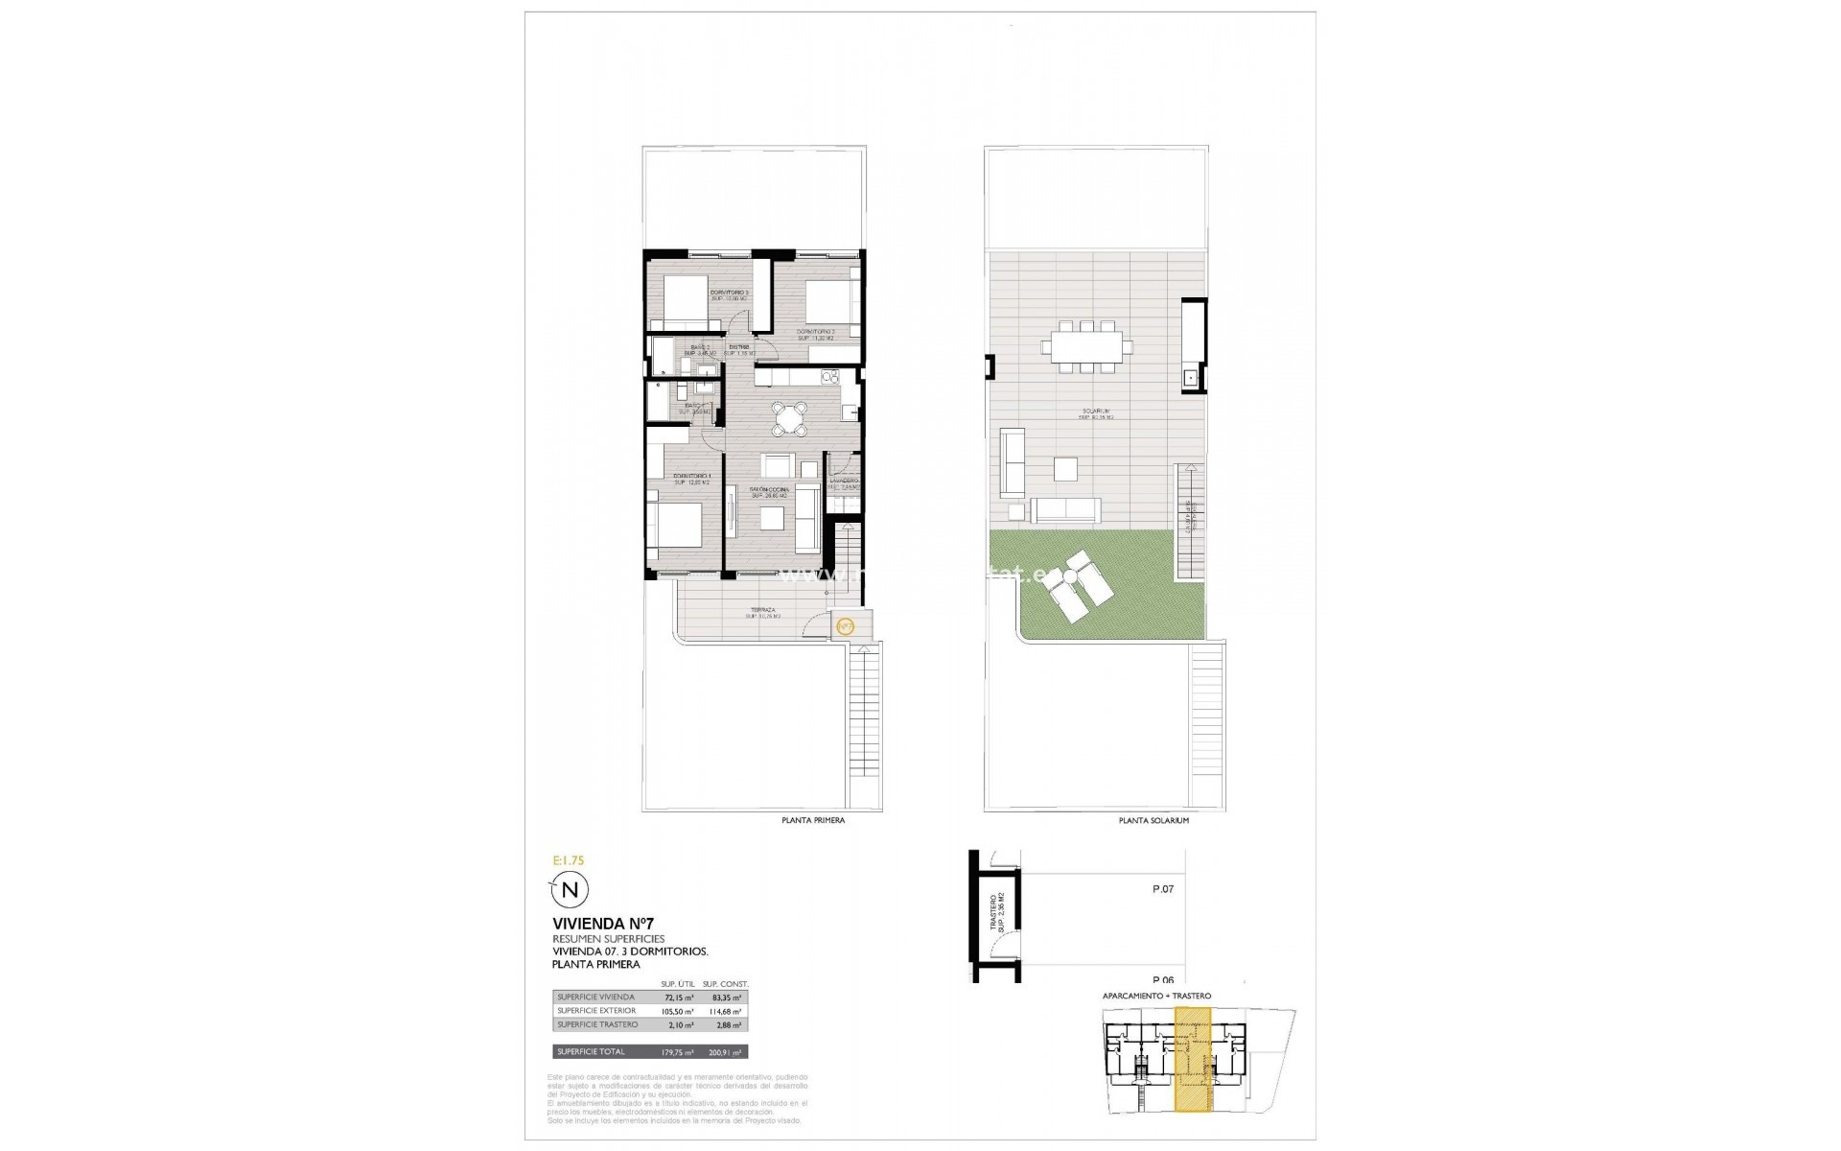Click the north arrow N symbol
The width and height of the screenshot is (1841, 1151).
click(570, 889)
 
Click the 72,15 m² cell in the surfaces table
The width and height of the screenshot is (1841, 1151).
click(677, 998)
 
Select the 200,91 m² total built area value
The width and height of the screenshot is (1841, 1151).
click(725, 1052)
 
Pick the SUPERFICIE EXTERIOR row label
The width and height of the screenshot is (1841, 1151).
click(595, 1011)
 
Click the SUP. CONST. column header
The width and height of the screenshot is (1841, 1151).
click(725, 984)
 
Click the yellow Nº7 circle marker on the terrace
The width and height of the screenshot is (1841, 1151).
click(845, 627)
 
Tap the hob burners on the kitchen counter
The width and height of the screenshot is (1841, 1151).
click(827, 377)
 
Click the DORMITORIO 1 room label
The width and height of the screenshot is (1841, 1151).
click(691, 477)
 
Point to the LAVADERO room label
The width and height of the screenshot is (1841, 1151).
click(844, 481)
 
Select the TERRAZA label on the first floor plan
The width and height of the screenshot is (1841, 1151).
click(763, 610)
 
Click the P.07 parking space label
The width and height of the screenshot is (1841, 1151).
click(1162, 889)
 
